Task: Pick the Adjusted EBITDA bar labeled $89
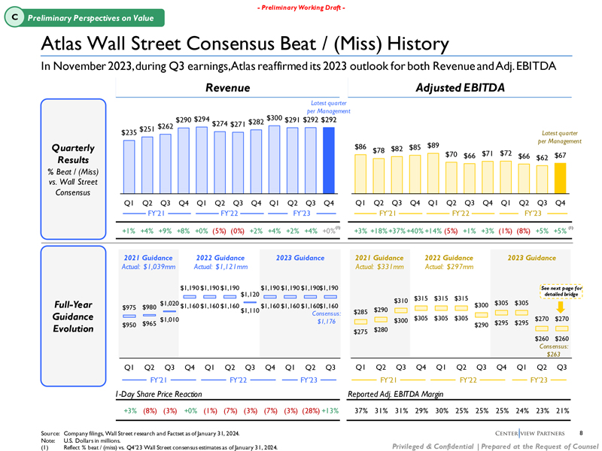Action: pos(433,169)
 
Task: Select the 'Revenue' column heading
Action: pos(229,89)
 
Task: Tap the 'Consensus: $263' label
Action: pos(558,350)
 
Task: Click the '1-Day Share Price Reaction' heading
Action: pos(158,393)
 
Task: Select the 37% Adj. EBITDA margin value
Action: pos(361,410)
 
